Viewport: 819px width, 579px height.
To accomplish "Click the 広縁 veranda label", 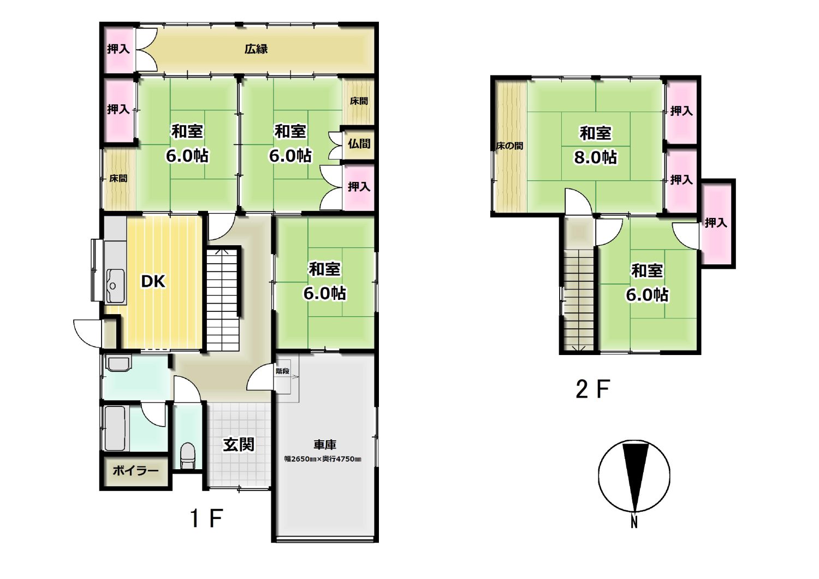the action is [256, 49].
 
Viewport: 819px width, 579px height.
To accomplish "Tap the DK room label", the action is [153, 281].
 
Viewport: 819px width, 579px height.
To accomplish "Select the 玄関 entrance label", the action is [239, 445].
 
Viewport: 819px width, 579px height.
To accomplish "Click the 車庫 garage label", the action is [325, 445].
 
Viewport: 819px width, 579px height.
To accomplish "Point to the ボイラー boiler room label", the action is [135, 470].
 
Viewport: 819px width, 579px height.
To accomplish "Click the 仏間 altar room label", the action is [359, 144].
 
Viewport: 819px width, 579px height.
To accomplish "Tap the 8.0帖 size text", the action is [595, 157].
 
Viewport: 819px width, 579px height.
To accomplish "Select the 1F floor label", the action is [206, 518].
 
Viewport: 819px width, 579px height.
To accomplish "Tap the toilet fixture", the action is [188, 456].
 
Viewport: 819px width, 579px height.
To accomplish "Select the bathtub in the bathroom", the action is [115, 428].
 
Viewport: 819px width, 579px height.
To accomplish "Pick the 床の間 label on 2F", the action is [509, 146].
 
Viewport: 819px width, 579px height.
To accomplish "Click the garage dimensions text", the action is [323, 459].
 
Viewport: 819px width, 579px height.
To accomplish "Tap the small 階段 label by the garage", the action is [283, 371].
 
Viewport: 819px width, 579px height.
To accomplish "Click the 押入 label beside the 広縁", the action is [118, 49].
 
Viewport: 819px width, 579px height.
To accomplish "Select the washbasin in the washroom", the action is [118, 363].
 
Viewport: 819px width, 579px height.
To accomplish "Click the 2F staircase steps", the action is [578, 300].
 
